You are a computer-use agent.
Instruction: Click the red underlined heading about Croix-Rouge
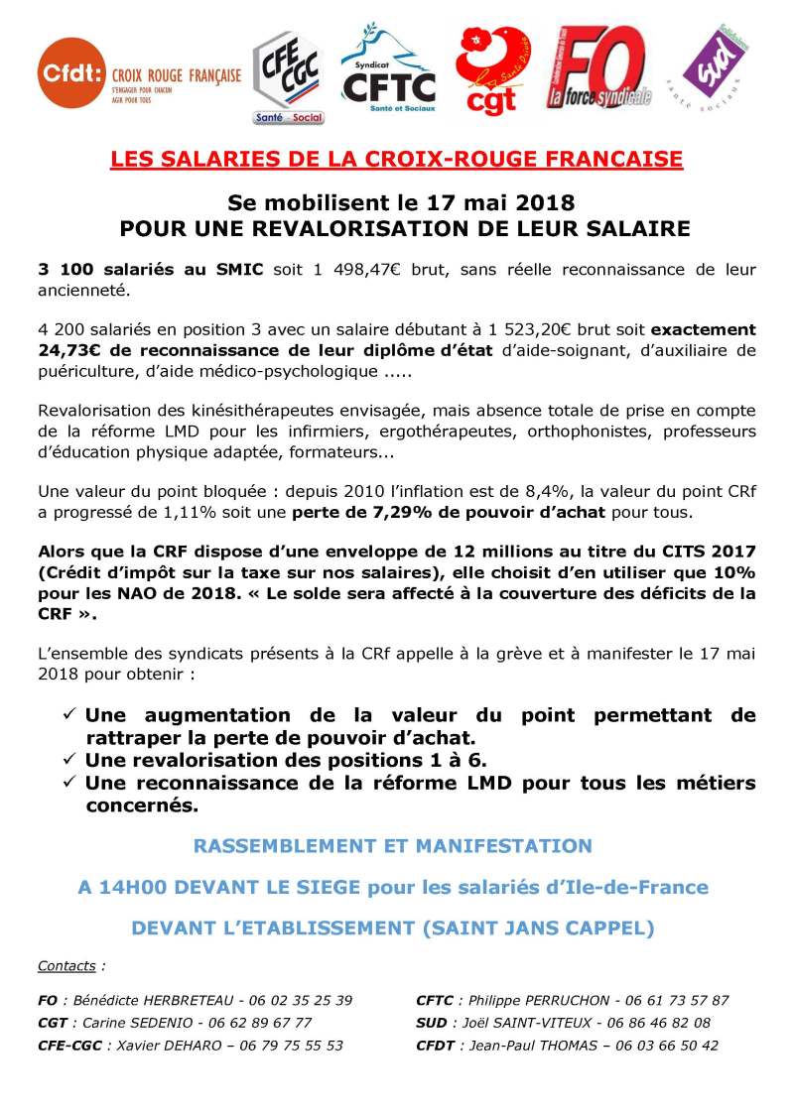pyautogui.click(x=396, y=159)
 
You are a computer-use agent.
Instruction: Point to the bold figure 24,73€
pyautogui.click(x=71, y=350)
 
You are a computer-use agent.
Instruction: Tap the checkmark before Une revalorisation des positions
pyautogui.click(x=69, y=761)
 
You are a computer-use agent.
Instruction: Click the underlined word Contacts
pyautogui.click(x=66, y=965)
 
